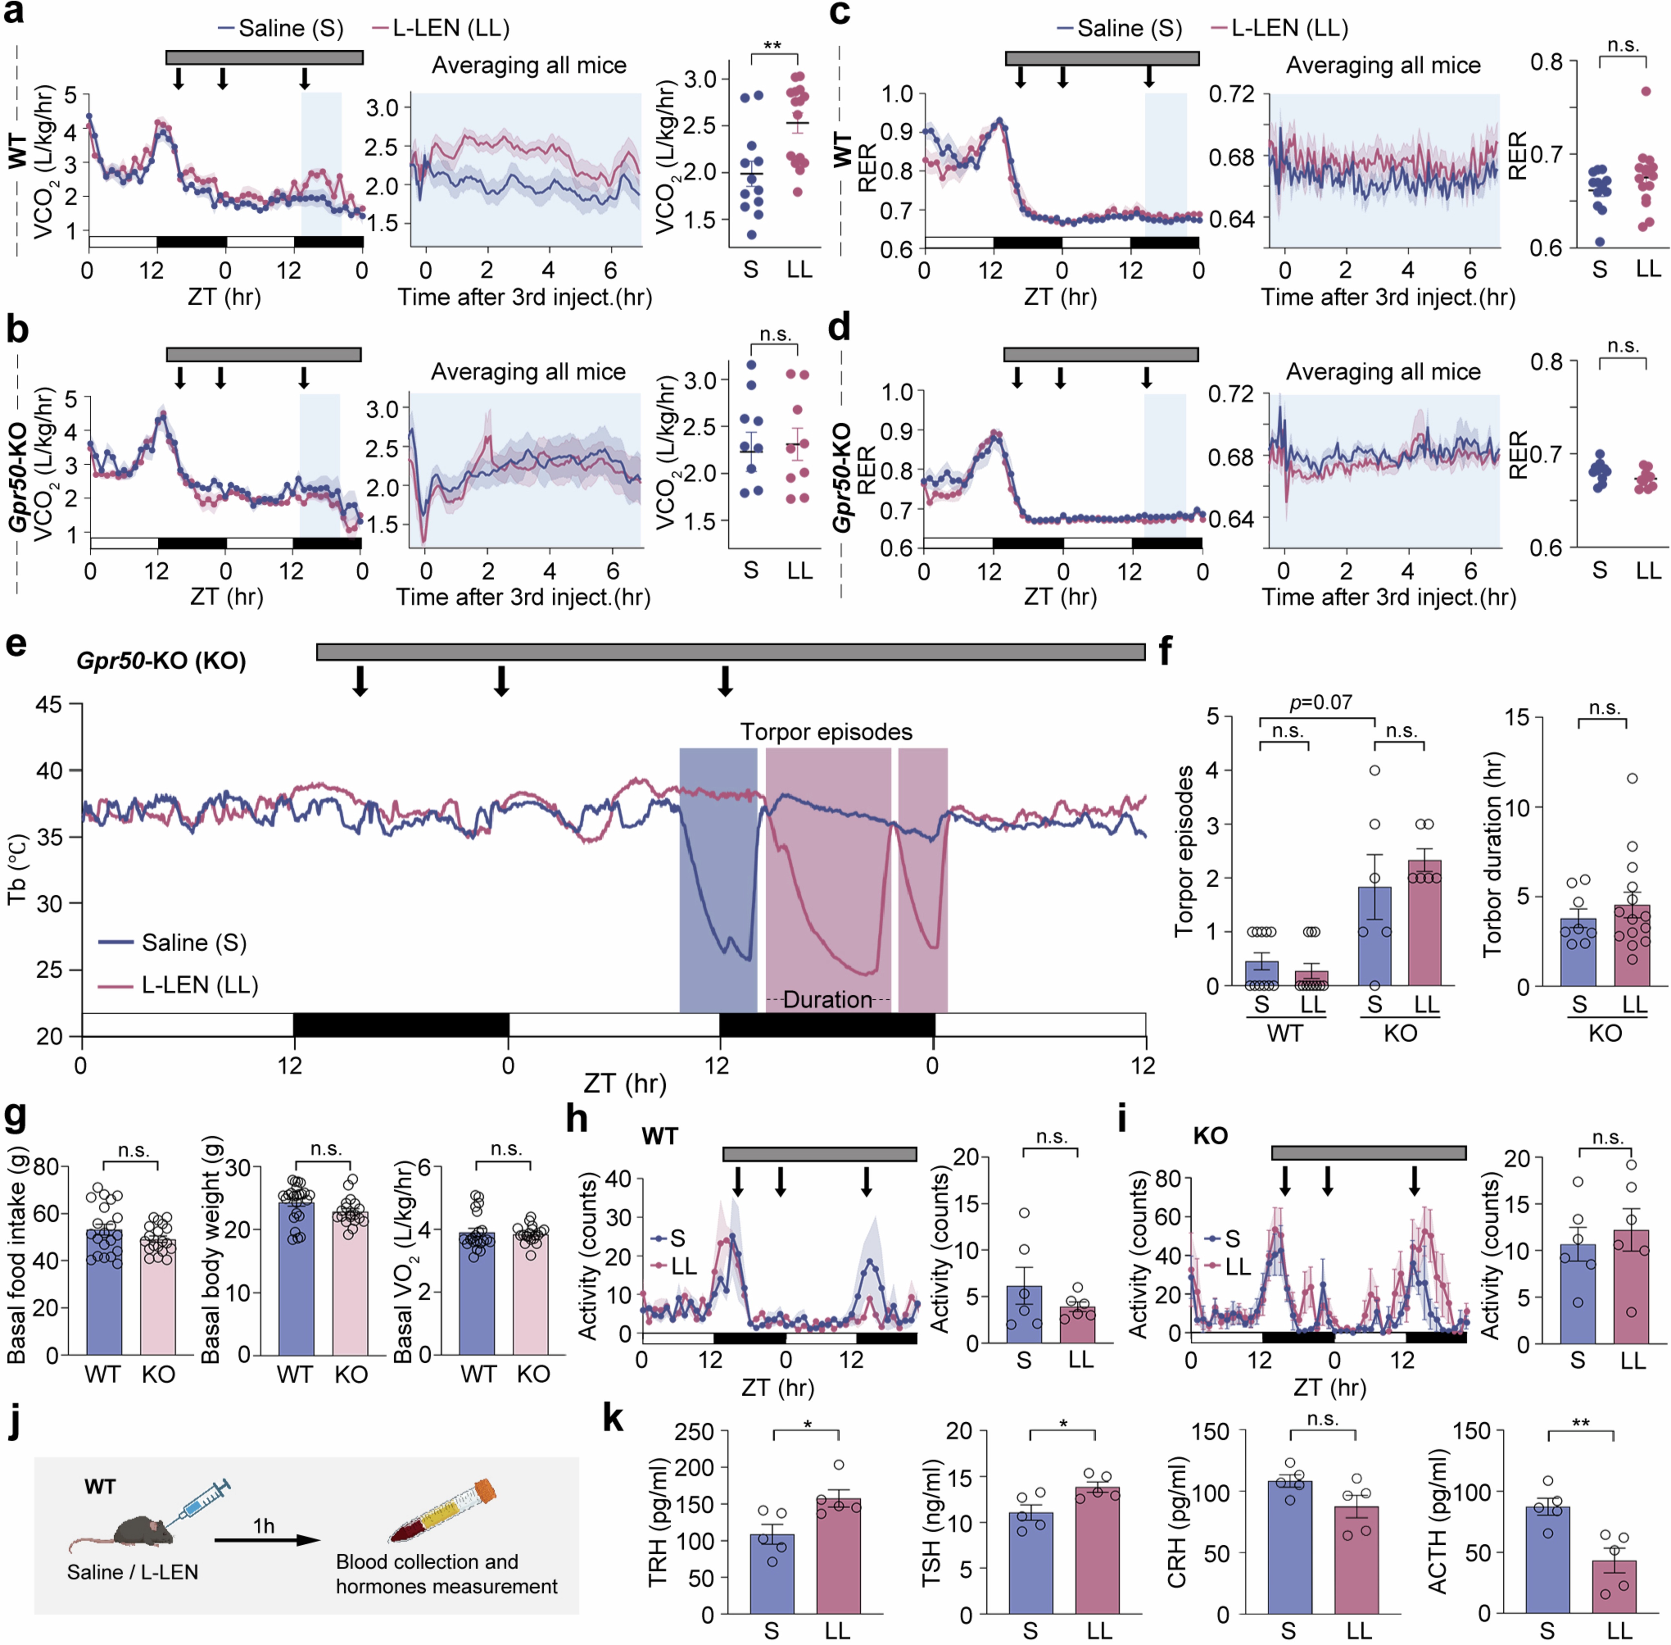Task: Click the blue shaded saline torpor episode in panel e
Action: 717,873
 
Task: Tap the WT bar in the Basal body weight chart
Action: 295,1277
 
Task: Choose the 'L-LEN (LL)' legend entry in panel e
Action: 199,985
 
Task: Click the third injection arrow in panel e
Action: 726,681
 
